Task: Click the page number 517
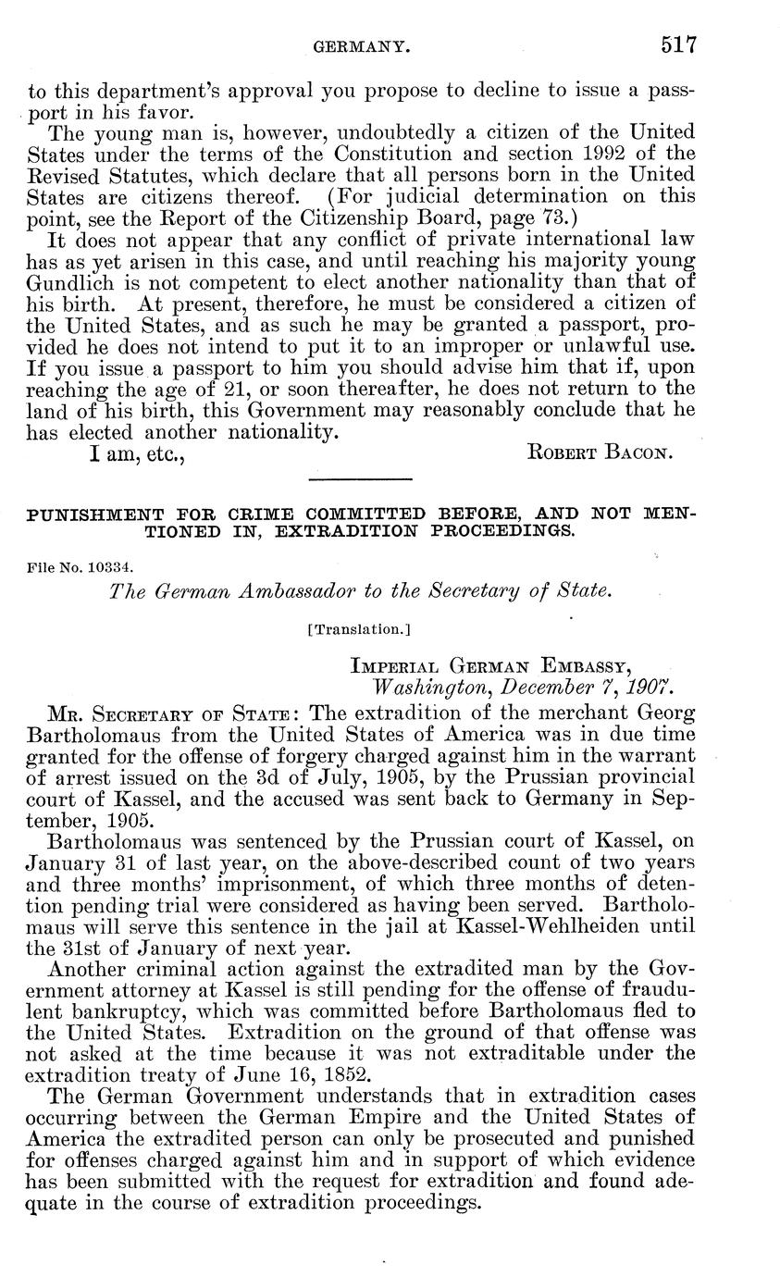(677, 43)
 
